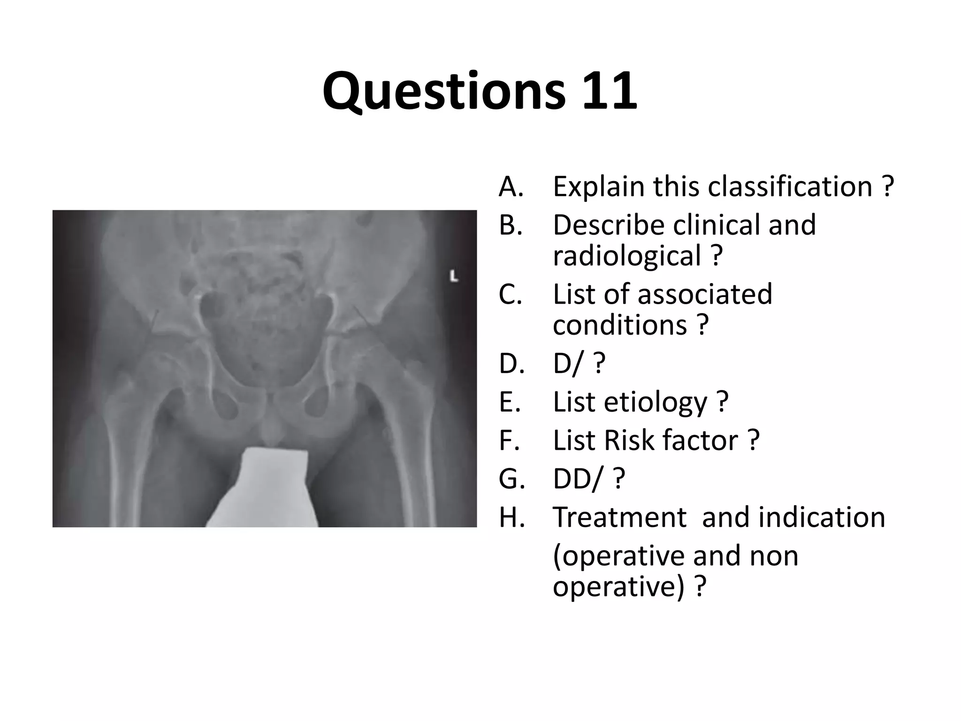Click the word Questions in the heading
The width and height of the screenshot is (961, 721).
tap(444, 92)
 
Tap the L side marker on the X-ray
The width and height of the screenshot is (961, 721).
tap(453, 276)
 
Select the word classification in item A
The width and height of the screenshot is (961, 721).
tap(790, 186)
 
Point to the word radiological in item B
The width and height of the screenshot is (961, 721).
tap(626, 256)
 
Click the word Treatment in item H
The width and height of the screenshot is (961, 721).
tap(619, 518)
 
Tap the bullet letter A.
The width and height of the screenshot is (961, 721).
tap(511, 187)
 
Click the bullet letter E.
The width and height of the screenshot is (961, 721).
tap(510, 402)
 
